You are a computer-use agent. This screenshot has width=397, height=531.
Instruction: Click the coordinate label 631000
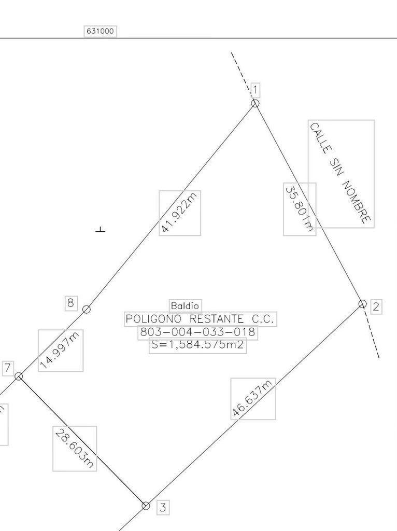(x=100, y=31)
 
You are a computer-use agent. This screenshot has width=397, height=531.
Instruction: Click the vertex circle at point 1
(x=255, y=103)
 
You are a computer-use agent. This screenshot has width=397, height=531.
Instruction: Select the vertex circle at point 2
(x=362, y=304)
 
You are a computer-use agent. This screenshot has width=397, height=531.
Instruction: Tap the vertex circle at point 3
(x=146, y=506)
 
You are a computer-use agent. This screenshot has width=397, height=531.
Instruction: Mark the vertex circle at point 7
(x=19, y=376)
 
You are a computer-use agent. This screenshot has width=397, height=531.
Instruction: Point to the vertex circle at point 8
(x=87, y=310)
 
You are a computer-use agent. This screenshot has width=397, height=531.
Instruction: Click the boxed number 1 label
(x=255, y=91)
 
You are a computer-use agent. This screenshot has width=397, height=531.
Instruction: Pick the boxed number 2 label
(x=376, y=306)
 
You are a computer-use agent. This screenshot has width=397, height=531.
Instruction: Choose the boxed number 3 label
(x=163, y=508)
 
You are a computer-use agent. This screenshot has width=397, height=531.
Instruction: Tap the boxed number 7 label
(x=7, y=368)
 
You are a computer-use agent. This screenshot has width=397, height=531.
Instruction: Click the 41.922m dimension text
(x=179, y=213)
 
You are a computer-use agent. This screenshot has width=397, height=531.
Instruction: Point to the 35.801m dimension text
(x=300, y=209)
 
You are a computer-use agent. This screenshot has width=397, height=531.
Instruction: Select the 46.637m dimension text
(x=253, y=398)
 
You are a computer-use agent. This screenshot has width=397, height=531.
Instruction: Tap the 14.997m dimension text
(x=60, y=351)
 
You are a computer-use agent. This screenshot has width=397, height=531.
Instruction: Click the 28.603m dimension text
(x=75, y=449)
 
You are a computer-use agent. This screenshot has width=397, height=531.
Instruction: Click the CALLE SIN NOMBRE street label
(x=341, y=174)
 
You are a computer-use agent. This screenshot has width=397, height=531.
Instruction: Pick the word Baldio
(x=185, y=306)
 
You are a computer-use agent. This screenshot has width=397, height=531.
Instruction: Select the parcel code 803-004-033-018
(x=197, y=332)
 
